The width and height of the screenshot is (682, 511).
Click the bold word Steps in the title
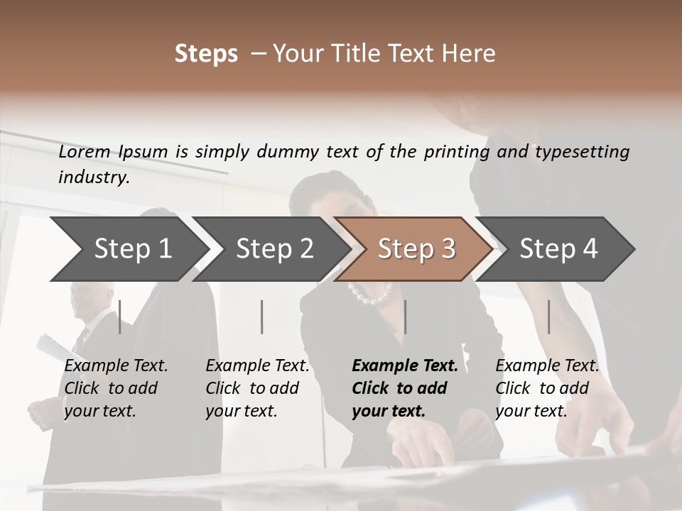(206, 54)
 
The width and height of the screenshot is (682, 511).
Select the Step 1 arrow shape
(128, 249)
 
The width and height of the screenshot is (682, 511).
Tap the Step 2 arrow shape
(270, 249)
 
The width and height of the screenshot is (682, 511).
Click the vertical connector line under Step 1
(120, 317)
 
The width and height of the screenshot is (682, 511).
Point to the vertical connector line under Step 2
(262, 317)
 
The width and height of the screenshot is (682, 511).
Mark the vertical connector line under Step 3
(405, 317)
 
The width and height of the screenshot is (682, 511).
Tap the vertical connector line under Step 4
(548, 317)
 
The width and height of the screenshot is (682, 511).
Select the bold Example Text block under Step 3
(405, 388)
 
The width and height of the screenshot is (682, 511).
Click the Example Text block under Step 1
(116, 388)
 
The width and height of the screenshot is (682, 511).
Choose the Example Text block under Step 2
(257, 388)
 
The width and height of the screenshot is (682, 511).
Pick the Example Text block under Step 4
(547, 388)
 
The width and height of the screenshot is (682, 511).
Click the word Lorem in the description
(85, 151)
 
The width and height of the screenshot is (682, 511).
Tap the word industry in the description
(93, 177)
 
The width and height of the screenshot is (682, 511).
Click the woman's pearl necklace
(370, 292)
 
